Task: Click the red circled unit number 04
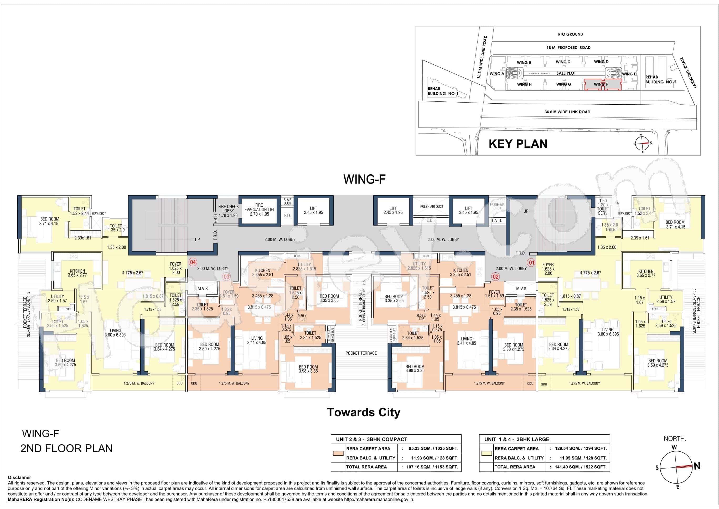(193, 262)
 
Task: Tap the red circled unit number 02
(495, 276)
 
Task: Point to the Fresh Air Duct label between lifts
(432, 207)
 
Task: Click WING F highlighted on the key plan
(601, 84)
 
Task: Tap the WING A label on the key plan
(497, 74)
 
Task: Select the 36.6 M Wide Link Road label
(567, 112)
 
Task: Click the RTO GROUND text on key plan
(570, 34)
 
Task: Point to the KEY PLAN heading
(518, 144)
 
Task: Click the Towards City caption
(364, 412)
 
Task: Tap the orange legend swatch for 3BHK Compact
(339, 453)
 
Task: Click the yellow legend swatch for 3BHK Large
(487, 453)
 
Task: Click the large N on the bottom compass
(697, 466)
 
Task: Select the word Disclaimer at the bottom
(19, 478)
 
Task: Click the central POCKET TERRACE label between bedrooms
(361, 353)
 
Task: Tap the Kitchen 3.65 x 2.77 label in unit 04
(77, 273)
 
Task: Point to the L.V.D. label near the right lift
(497, 221)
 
